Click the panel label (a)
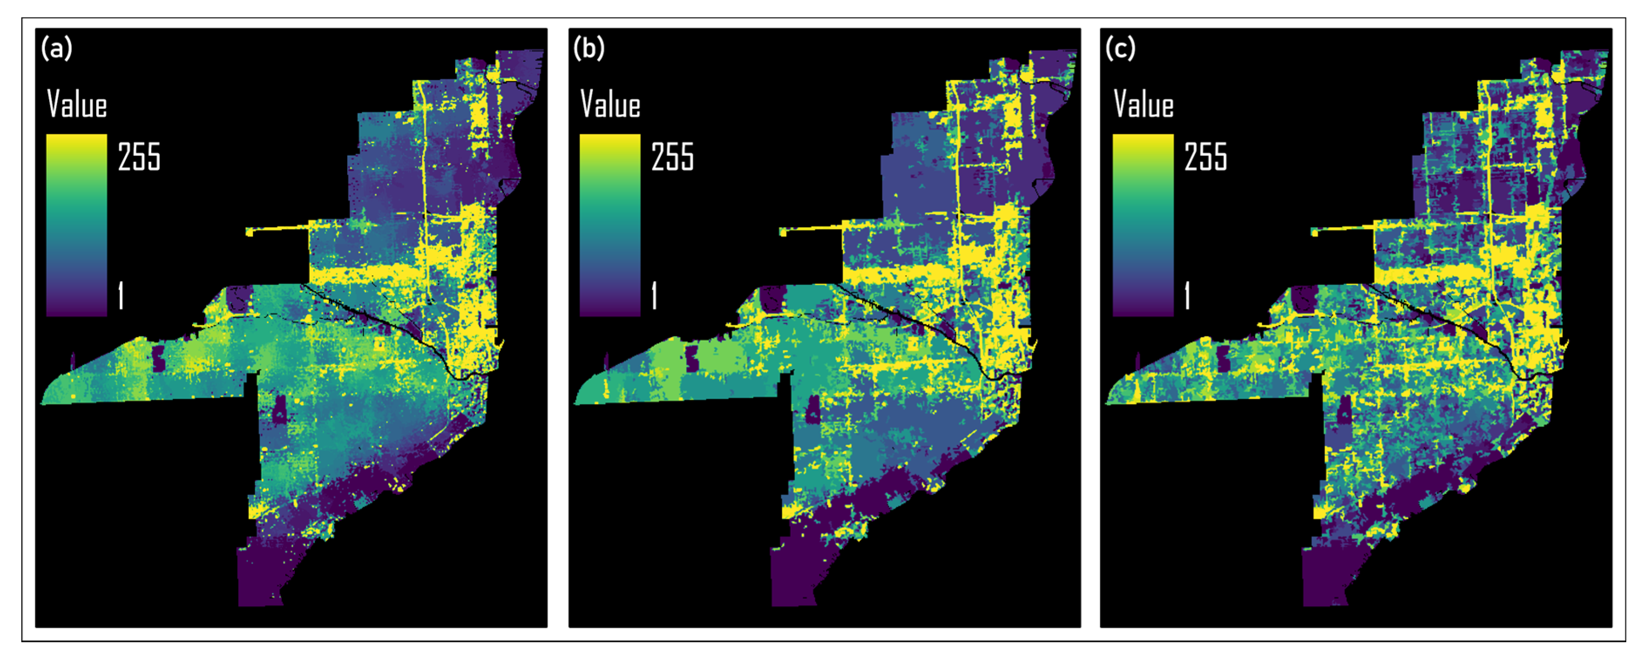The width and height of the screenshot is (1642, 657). click(57, 48)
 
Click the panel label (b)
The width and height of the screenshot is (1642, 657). click(589, 48)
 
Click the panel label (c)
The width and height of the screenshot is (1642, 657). click(1120, 48)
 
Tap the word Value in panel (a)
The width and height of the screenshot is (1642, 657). click(77, 104)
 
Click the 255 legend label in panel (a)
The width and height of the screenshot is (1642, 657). click(139, 157)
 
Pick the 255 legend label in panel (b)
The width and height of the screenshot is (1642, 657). click(672, 157)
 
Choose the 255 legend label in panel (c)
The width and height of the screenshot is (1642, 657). click(1205, 157)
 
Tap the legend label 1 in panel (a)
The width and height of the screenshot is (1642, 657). click(121, 296)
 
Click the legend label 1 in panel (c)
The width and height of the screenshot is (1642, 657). click(1187, 296)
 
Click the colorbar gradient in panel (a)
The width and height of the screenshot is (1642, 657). click(77, 224)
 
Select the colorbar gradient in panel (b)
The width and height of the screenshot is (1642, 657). click(609, 224)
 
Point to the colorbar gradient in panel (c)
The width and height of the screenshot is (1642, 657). click(1143, 224)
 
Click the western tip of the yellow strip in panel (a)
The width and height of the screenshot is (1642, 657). click(249, 232)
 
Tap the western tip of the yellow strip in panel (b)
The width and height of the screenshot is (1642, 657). click(782, 232)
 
